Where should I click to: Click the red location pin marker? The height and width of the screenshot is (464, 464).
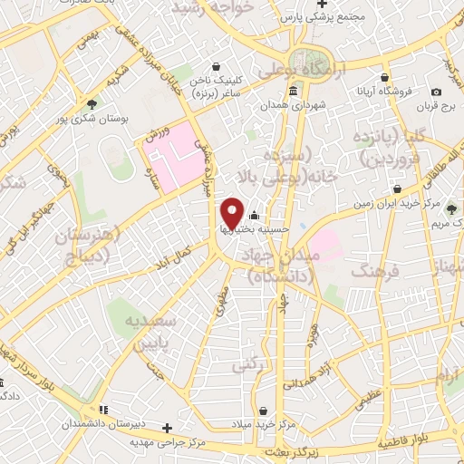(232, 213)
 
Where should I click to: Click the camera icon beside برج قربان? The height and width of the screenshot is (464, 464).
(437, 92)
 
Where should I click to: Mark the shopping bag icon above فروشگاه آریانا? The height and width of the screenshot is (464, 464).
(387, 77)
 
